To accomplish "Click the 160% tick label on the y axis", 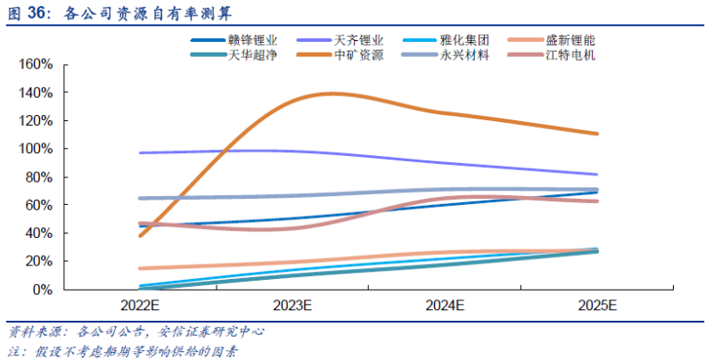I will (x=36, y=65).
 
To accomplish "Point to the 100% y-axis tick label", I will (x=36, y=149).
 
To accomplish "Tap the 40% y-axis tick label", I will (x=39, y=233).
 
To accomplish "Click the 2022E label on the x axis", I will (x=140, y=306).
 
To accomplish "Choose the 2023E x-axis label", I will (x=292, y=306).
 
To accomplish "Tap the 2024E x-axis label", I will (x=445, y=306).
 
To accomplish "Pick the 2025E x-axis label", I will (x=597, y=306).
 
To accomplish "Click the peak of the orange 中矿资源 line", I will (x=332, y=93).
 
